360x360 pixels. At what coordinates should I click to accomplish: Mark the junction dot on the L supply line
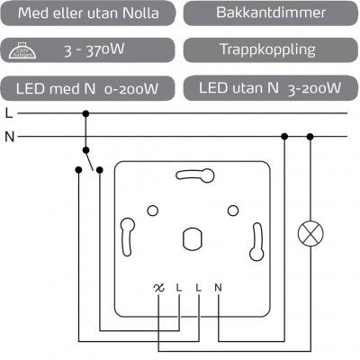tap(86, 114)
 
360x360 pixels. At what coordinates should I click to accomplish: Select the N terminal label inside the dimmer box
tap(219, 288)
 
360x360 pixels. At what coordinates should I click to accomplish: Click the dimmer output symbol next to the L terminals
tap(159, 288)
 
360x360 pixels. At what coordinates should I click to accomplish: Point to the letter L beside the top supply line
tap(8, 114)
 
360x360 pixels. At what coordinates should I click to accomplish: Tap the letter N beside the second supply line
tap(9, 137)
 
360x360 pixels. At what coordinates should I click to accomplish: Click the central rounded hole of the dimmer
tap(191, 238)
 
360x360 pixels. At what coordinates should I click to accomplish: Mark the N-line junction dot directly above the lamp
tap(311, 137)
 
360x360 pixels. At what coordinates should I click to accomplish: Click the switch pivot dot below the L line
tap(86, 149)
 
